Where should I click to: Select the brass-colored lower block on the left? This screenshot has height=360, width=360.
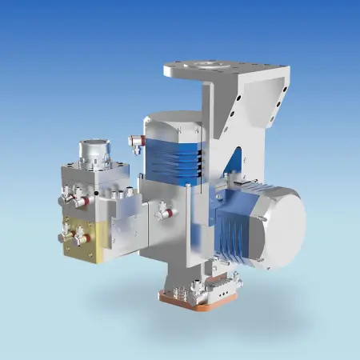point(84,240)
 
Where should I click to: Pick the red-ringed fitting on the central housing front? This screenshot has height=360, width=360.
point(162,210)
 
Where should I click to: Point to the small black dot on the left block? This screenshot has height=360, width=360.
point(96,192)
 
